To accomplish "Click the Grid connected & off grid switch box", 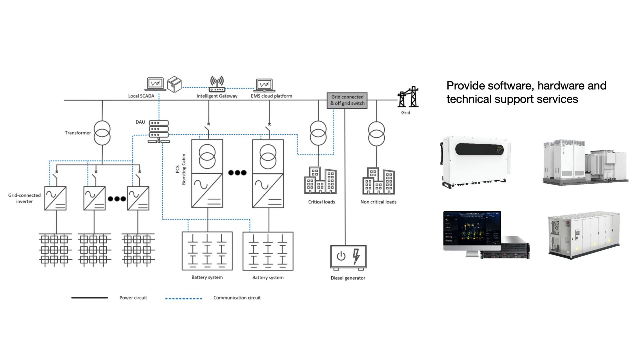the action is (x=347, y=100).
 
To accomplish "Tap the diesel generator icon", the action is (x=348, y=257).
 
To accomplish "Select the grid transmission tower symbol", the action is (x=408, y=97).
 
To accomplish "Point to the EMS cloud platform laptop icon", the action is (x=264, y=85).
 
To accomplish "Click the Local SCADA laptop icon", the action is (x=155, y=84).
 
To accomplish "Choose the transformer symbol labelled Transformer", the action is (x=102, y=133).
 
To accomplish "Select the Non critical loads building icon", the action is (x=379, y=181).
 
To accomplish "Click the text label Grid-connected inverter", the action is (x=24, y=198).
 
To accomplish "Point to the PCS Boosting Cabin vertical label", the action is (x=181, y=169).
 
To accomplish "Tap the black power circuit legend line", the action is (x=89, y=298).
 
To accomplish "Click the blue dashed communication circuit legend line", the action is (x=184, y=298).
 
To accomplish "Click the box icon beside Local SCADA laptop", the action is (x=174, y=84).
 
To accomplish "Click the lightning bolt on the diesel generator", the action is (x=356, y=256).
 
